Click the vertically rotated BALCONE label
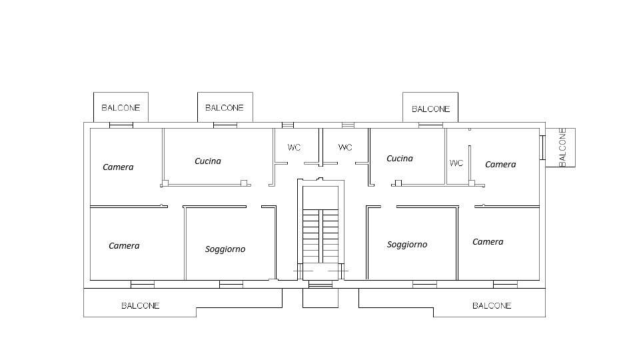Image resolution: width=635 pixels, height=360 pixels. click(562, 147)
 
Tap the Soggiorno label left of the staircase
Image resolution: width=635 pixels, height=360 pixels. click(225, 249)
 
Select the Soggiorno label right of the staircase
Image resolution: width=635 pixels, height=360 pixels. click(407, 244)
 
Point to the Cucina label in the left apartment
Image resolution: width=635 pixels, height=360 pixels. click(208, 161)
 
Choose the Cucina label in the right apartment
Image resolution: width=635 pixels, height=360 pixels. click(400, 159)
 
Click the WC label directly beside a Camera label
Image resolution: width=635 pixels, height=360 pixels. click(456, 163)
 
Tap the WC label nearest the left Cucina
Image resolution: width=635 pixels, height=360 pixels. click(294, 147)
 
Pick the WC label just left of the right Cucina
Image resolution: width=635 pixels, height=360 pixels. click(345, 147)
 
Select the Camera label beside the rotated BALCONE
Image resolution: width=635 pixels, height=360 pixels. click(500, 164)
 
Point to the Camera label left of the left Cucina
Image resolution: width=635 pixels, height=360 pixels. click(118, 167)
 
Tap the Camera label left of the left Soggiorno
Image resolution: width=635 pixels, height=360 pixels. click(124, 246)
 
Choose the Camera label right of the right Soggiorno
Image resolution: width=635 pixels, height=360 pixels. click(488, 241)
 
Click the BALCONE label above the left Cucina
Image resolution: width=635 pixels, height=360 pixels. click(225, 108)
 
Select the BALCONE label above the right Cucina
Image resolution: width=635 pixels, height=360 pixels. click(431, 109)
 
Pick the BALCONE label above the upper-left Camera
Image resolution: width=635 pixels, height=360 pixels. click(121, 108)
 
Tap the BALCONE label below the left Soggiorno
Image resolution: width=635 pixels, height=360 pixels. click(141, 306)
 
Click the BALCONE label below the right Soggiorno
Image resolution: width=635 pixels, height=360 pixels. click(492, 306)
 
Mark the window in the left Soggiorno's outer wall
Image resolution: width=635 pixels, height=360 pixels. click(231, 284)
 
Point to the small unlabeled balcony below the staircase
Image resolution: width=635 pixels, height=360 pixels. click(320, 298)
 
